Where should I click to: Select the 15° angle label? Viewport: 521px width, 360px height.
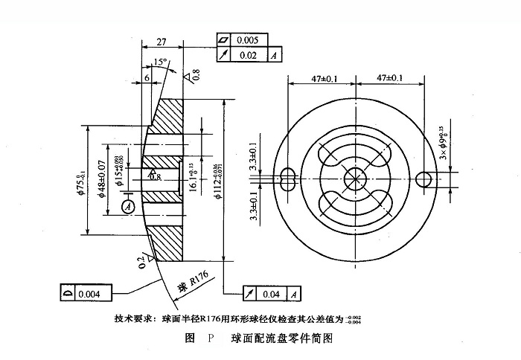click(x=158, y=62)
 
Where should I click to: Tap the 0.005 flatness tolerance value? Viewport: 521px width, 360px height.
click(x=248, y=39)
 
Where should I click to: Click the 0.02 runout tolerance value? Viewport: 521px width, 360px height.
click(x=248, y=55)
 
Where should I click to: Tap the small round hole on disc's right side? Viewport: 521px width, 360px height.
click(x=425, y=179)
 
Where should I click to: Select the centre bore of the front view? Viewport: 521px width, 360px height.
click(x=355, y=179)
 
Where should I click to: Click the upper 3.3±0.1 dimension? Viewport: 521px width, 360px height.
click(x=254, y=156)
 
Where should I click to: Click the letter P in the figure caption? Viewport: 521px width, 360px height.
click(x=210, y=338)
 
